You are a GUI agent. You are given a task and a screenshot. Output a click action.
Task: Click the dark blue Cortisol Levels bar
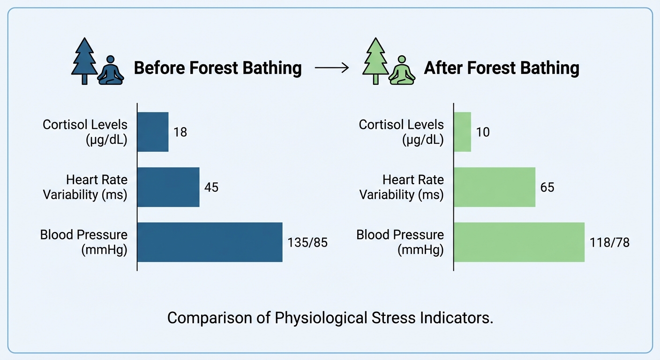click(x=153, y=132)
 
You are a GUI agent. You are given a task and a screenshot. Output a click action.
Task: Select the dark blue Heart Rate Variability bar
click(x=168, y=187)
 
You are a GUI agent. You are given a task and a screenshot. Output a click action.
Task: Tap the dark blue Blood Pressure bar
click(x=210, y=242)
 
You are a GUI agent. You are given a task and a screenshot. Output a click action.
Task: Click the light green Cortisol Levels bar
click(x=462, y=132)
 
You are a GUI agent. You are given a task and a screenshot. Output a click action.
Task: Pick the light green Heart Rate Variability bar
click(x=495, y=187)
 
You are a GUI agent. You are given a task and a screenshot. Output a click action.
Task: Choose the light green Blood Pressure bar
click(x=519, y=242)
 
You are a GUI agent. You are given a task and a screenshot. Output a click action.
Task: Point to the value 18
click(x=180, y=132)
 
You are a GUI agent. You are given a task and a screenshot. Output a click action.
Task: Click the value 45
click(x=211, y=187)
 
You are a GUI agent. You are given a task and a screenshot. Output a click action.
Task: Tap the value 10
click(x=483, y=132)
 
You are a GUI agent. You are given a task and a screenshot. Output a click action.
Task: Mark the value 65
click(x=547, y=187)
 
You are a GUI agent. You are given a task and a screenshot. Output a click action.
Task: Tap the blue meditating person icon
click(x=111, y=70)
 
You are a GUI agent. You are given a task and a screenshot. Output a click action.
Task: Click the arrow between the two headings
click(x=332, y=68)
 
